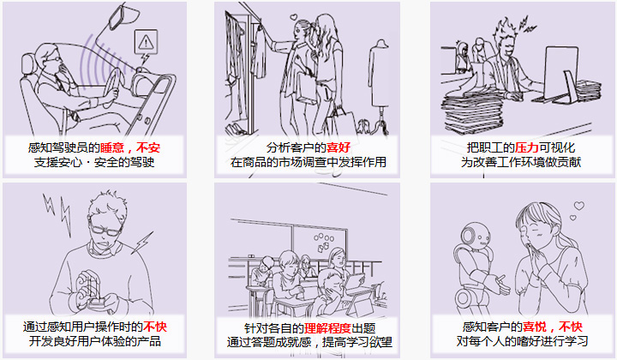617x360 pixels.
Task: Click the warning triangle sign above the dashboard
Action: point(146,41)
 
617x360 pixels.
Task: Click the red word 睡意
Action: point(112,148)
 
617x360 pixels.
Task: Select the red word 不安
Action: point(148,148)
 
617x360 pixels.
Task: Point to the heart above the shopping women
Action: point(293,17)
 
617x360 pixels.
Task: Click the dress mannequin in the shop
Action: point(380,79)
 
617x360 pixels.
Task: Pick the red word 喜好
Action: point(338,148)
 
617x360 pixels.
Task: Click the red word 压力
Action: point(527,148)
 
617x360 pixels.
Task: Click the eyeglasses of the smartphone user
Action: point(105,230)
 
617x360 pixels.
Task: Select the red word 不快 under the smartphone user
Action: point(155,327)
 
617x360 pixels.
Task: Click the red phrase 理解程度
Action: point(327,328)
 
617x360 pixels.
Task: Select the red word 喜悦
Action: point(535,327)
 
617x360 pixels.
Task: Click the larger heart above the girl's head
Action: point(578,206)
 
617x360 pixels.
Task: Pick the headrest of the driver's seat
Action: point(27,66)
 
